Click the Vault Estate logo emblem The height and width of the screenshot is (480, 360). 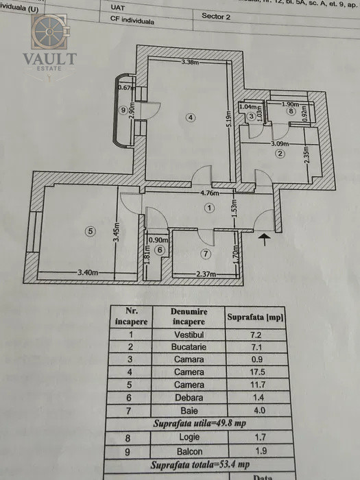pyautogui.click(x=49, y=32)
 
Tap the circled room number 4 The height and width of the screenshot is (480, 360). pyautogui.click(x=191, y=118)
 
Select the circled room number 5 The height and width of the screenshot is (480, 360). pyautogui.click(x=89, y=231)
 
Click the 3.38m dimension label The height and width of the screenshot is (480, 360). pyautogui.click(x=190, y=62)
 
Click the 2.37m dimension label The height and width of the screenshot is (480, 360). pyautogui.click(x=206, y=274)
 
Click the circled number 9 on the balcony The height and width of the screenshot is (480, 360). pyautogui.click(x=123, y=110)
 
